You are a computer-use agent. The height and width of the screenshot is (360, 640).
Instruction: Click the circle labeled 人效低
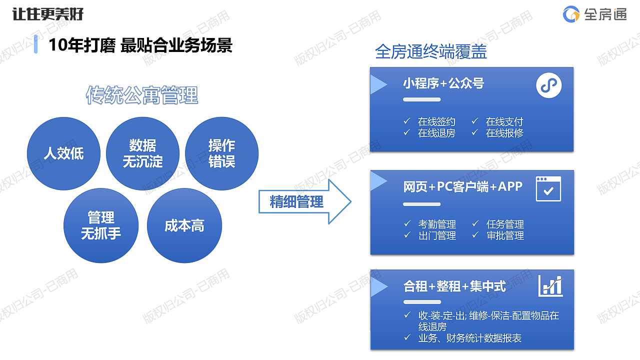(x=63, y=153)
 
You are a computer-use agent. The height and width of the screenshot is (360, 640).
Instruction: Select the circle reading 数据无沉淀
(x=143, y=153)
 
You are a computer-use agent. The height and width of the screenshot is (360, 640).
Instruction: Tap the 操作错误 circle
(x=221, y=153)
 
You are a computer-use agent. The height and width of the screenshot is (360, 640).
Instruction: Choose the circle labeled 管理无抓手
(x=101, y=225)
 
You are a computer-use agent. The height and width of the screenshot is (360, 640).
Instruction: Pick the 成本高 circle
(x=184, y=225)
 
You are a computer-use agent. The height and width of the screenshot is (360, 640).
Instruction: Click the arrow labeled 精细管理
(x=304, y=201)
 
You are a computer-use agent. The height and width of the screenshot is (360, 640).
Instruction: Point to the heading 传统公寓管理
(x=142, y=95)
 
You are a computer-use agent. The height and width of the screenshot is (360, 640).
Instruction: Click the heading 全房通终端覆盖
(x=430, y=51)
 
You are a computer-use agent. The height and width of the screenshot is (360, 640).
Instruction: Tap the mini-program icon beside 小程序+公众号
(x=548, y=85)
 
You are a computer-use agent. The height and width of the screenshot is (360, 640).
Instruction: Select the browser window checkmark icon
(x=548, y=188)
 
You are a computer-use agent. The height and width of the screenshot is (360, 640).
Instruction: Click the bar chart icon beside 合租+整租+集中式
(x=550, y=286)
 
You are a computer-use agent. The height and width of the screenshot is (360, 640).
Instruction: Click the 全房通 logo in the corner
(x=594, y=14)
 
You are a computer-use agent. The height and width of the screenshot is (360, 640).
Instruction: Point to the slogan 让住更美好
(x=48, y=14)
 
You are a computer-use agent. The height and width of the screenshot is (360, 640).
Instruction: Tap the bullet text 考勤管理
(x=437, y=224)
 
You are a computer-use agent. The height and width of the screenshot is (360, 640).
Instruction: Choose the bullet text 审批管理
(x=505, y=235)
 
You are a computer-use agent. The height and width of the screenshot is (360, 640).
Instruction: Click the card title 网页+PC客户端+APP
(x=462, y=186)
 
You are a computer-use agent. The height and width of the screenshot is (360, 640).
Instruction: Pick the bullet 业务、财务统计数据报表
(x=469, y=338)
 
